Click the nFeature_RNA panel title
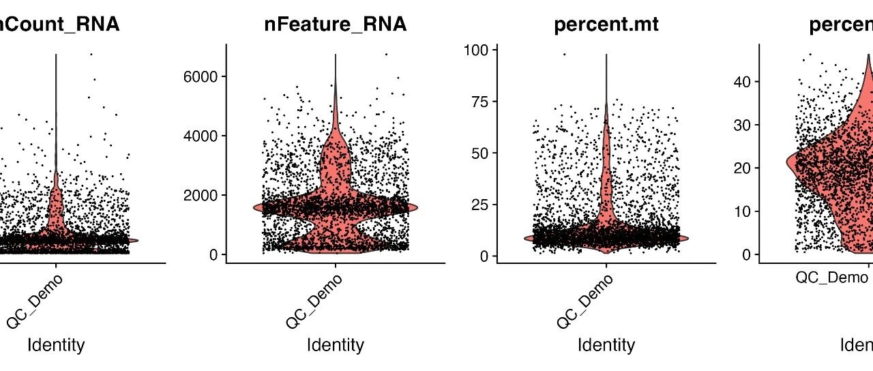[335, 25]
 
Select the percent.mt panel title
[606, 25]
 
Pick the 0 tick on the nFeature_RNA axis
[213, 254]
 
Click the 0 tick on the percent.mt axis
[484, 256]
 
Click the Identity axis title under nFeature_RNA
[335, 345]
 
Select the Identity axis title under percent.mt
[606, 345]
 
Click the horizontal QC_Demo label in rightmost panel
[831, 278]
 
